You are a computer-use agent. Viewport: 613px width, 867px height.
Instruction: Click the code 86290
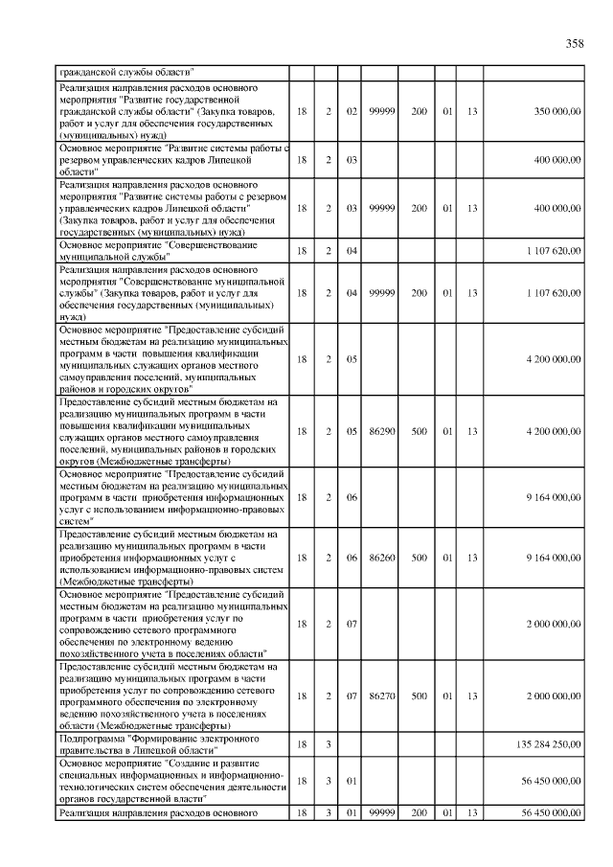382,431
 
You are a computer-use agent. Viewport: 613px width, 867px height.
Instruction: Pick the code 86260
382,557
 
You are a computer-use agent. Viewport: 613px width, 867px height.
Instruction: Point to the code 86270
382,696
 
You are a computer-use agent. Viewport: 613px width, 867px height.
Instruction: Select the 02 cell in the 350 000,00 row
352,112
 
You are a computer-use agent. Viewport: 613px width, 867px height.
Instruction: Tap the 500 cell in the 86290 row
420,431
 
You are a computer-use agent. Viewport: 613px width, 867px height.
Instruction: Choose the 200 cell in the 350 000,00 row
420,112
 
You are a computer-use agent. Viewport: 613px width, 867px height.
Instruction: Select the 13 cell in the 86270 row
471,696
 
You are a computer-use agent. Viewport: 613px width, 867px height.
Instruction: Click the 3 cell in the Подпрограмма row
328,742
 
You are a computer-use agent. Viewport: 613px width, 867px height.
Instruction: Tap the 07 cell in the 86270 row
352,696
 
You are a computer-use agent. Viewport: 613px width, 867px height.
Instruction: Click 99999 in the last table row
382,813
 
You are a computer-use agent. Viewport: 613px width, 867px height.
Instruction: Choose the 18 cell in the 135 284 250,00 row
302,742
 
